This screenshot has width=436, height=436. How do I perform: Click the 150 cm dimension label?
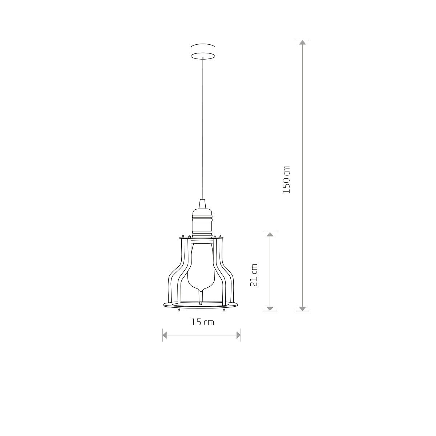click(x=286, y=179)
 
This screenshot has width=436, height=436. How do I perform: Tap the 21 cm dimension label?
click(x=254, y=275)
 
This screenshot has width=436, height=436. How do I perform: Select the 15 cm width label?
click(x=202, y=322)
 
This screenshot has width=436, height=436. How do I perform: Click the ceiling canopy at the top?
click(x=203, y=51)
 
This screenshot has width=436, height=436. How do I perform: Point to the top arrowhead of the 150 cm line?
click(x=303, y=42)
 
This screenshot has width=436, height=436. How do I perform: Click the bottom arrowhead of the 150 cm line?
click(x=303, y=308)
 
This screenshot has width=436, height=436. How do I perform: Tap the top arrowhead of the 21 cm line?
click(x=270, y=234)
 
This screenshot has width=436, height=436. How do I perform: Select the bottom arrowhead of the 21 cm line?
click(x=270, y=308)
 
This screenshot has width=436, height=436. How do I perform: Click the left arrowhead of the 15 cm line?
click(x=165, y=335)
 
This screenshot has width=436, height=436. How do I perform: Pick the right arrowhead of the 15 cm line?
click(x=238, y=335)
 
